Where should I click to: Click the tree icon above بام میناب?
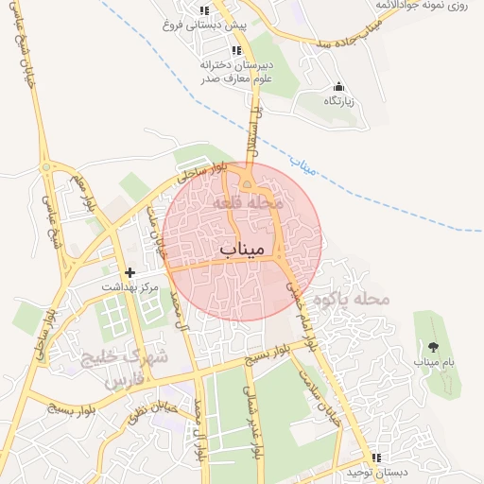pyautogui.click(x=433, y=347)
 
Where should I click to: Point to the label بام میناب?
pyautogui.click(x=434, y=362)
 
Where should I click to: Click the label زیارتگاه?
pyautogui.click(x=338, y=101)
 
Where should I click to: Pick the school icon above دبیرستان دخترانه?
pyautogui.click(x=236, y=51)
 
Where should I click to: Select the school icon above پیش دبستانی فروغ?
pyautogui.click(x=204, y=11)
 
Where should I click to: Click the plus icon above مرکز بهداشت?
pyautogui.click(x=130, y=272)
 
